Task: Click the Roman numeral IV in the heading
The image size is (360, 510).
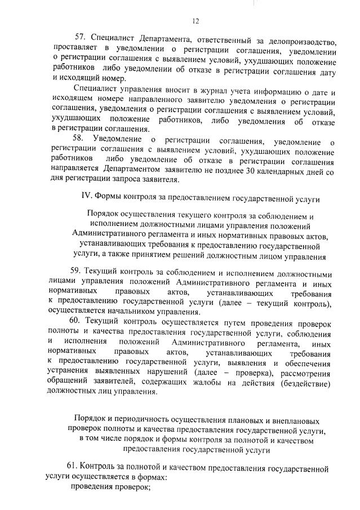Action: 87,198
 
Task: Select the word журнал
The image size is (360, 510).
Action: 179,91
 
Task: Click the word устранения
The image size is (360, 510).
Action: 72,374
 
